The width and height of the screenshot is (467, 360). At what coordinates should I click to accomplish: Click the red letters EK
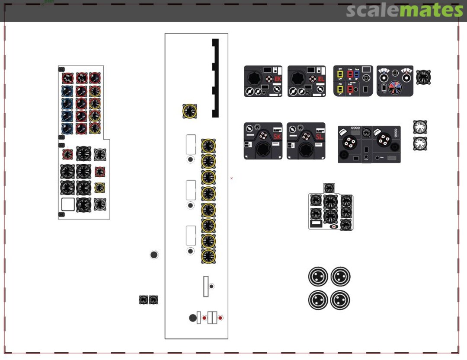coord(278,79)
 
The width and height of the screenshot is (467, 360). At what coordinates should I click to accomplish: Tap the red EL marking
coord(321,79)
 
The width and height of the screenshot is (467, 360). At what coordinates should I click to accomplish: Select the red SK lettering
coord(277,137)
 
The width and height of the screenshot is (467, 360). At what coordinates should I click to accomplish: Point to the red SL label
coord(319,137)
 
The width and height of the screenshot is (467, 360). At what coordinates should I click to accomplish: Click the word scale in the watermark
coord(371,10)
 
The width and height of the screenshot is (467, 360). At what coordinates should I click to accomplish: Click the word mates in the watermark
coord(430,10)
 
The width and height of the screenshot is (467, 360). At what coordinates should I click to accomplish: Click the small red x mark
coord(232,178)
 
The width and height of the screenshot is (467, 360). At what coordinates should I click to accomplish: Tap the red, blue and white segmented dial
coord(394,88)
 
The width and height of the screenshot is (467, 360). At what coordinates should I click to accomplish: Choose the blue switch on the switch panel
coord(357,75)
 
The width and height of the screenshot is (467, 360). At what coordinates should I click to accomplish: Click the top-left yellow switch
coord(340,74)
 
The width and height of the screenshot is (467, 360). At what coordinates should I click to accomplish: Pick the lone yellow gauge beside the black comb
coord(190,111)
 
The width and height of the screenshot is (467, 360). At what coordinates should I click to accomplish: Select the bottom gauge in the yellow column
coord(208,256)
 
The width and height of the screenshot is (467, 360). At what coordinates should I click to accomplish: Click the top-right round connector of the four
coord(340,277)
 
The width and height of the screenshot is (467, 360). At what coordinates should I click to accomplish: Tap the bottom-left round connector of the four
coord(318,300)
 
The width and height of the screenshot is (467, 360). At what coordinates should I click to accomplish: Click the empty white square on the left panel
coord(68,204)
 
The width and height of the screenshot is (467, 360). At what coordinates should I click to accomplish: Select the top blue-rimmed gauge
coord(67,91)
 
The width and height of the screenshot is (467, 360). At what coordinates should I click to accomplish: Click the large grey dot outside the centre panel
coord(154,255)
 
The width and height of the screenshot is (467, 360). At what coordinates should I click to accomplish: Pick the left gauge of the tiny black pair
coord(144,299)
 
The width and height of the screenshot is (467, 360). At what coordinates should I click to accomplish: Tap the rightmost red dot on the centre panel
coord(220,318)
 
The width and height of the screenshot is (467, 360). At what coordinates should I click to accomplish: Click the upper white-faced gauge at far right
coord(420,127)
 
